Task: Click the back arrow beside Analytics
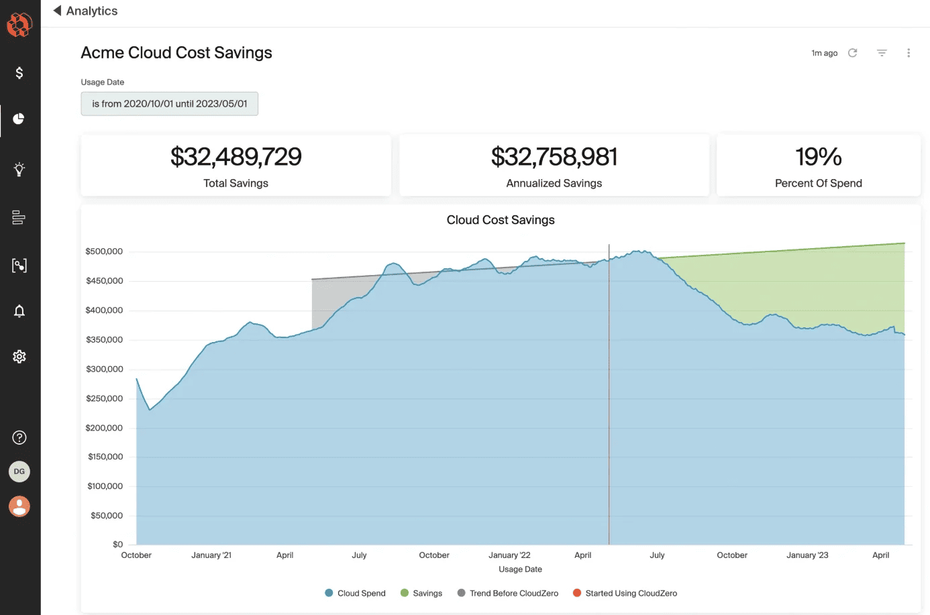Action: pyautogui.click(x=57, y=11)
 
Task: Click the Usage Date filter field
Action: pyautogui.click(x=169, y=104)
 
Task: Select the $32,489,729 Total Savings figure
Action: pyautogui.click(x=236, y=157)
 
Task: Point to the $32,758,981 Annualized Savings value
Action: pyautogui.click(x=554, y=157)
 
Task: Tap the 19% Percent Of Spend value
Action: pyautogui.click(x=818, y=157)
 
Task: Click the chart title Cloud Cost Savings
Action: pyautogui.click(x=501, y=220)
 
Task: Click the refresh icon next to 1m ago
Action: pyautogui.click(x=853, y=53)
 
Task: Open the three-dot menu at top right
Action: pyautogui.click(x=909, y=53)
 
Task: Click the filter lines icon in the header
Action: pyautogui.click(x=882, y=53)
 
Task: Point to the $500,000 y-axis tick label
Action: pyautogui.click(x=104, y=251)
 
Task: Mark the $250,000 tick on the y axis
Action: pyautogui.click(x=104, y=398)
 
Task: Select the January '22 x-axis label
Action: pyautogui.click(x=509, y=555)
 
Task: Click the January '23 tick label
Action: pyautogui.click(x=807, y=555)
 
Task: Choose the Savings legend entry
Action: pyautogui.click(x=421, y=594)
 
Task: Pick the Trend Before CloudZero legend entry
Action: pyautogui.click(x=508, y=594)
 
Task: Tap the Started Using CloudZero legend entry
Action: pyautogui.click(x=625, y=594)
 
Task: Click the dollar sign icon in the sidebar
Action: pyautogui.click(x=19, y=72)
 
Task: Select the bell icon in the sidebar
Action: pyautogui.click(x=19, y=311)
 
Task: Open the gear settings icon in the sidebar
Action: pyautogui.click(x=19, y=357)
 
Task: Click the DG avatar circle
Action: pyautogui.click(x=19, y=471)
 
